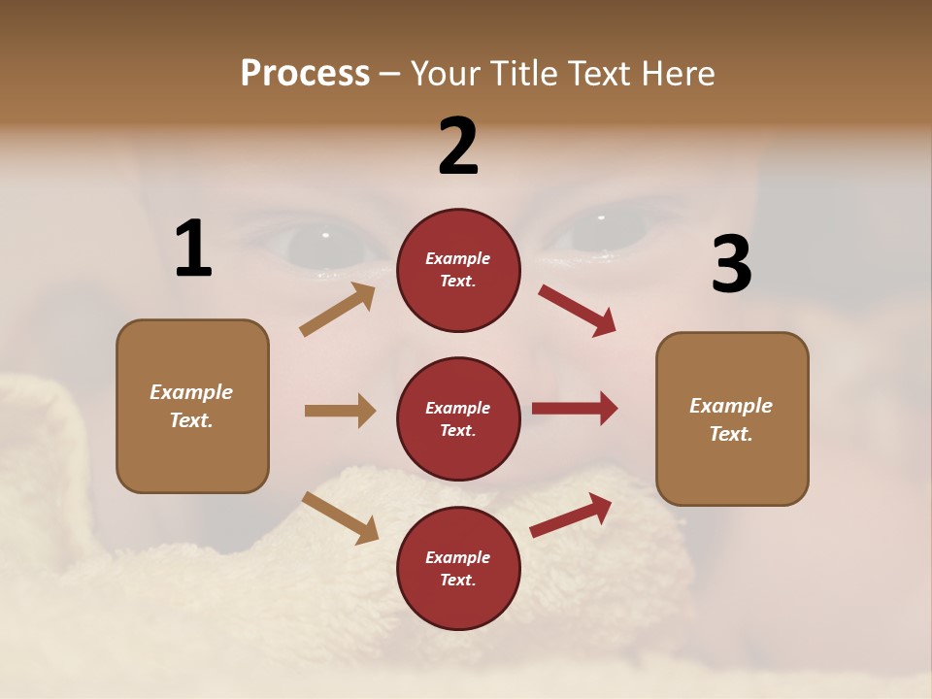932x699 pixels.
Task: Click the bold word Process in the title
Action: click(305, 73)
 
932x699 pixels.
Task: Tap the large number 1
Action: click(193, 250)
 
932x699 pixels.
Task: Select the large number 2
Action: click(458, 147)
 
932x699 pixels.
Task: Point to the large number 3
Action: click(732, 265)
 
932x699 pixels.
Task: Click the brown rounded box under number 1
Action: click(192, 406)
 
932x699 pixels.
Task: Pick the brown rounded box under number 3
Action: click(732, 418)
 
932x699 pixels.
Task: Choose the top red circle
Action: click(458, 270)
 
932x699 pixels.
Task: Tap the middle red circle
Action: click(458, 418)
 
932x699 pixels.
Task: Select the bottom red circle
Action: click(458, 568)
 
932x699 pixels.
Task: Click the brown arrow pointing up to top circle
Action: click(338, 310)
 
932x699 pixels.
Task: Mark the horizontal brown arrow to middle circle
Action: click(340, 411)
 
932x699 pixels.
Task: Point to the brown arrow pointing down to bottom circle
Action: click(340, 517)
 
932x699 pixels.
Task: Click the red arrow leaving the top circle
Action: click(578, 311)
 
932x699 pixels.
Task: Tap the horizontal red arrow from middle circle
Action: click(575, 409)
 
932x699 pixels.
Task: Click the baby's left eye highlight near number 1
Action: click(325, 235)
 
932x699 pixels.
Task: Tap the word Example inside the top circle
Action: click(458, 259)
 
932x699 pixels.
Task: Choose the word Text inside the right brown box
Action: click(730, 434)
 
